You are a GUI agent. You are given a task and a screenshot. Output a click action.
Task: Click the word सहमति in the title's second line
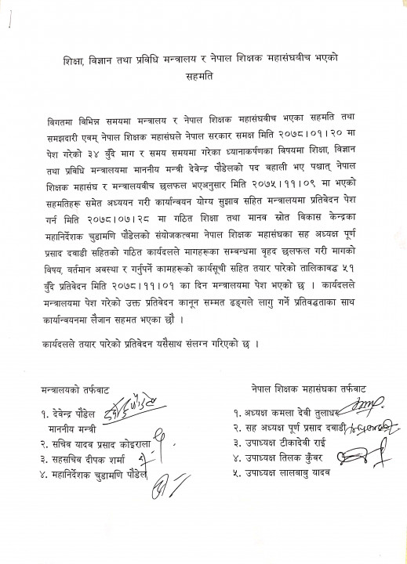coord(203,77)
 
